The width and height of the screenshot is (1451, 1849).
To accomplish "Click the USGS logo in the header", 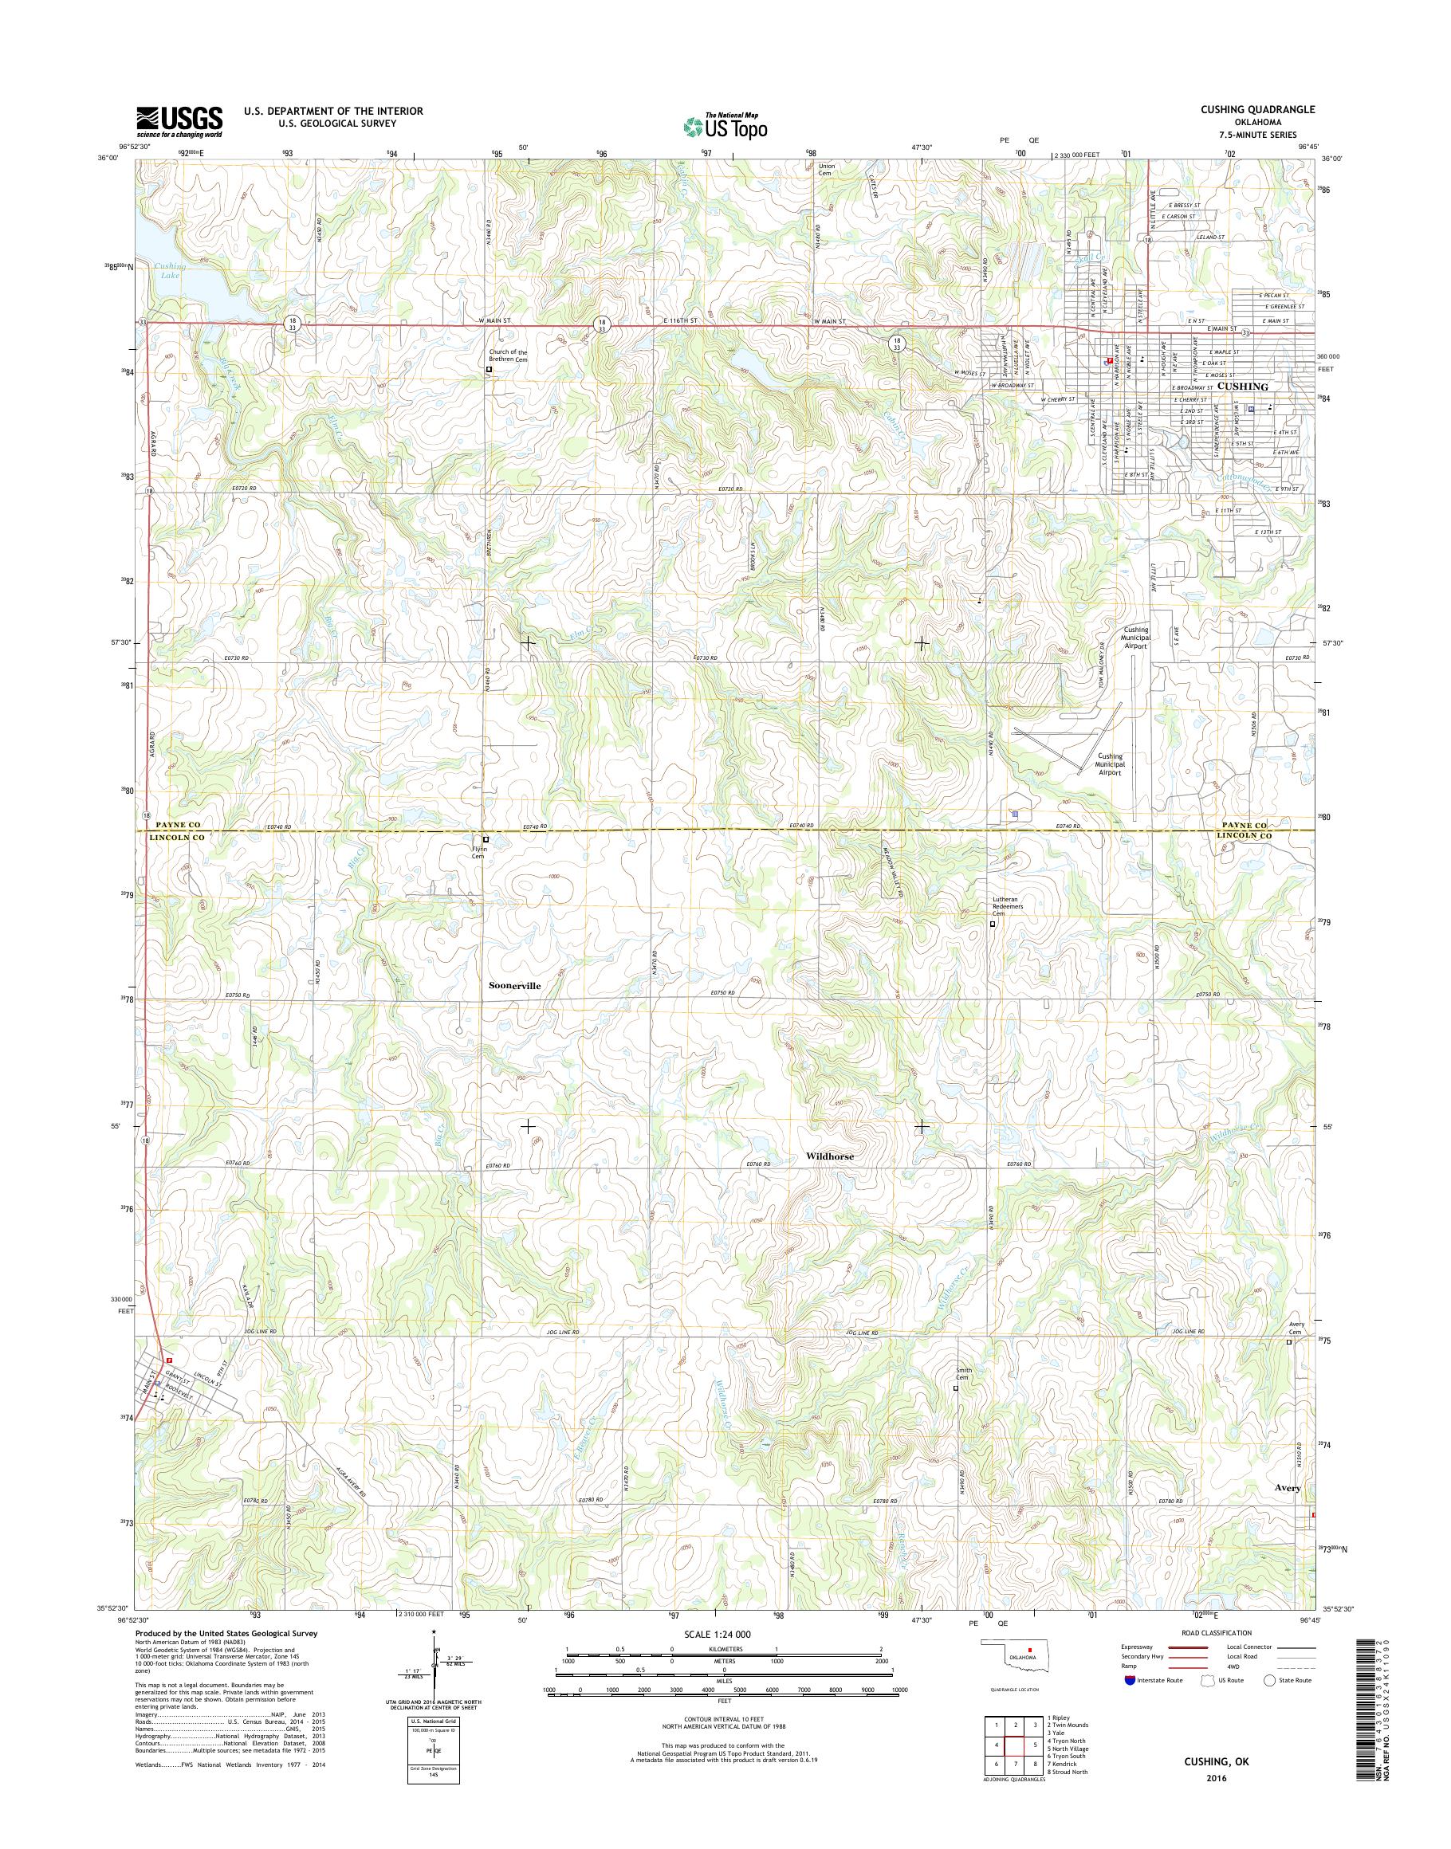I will click(179, 121).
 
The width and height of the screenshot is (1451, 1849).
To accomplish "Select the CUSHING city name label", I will click(1242, 386).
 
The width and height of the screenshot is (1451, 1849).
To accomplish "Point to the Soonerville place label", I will click(514, 985).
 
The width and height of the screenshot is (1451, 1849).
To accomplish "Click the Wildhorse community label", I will click(829, 1156).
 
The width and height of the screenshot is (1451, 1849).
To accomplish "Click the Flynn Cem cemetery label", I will click(478, 852).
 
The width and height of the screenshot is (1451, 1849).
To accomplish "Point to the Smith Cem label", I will click(962, 1396).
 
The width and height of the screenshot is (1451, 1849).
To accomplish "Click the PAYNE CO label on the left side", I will click(177, 825).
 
